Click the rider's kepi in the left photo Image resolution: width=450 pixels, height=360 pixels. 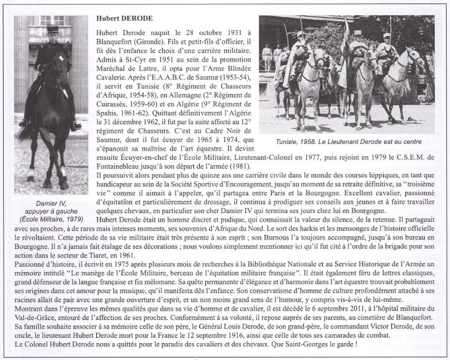53,29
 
